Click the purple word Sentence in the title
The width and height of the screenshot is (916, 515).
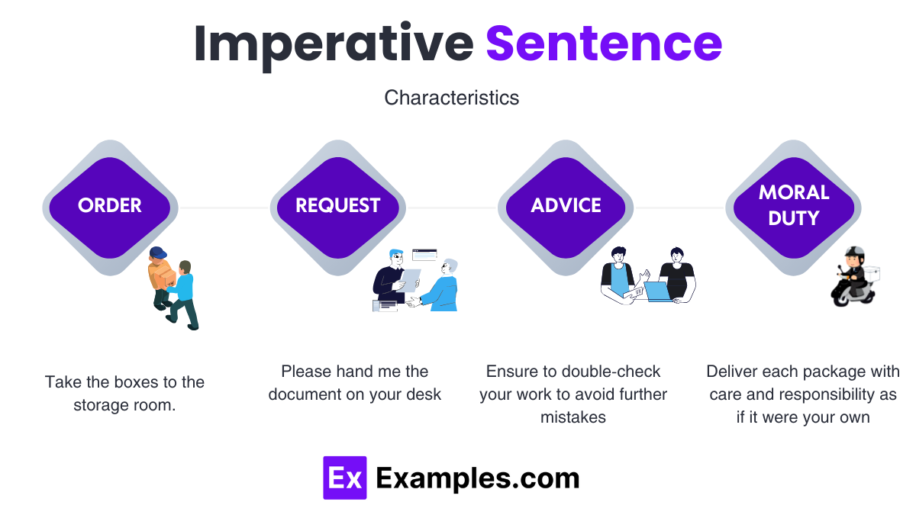(604, 43)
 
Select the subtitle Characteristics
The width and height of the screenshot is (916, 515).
(452, 98)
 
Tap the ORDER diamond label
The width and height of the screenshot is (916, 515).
(110, 205)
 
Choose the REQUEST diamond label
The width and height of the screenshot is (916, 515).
(337, 205)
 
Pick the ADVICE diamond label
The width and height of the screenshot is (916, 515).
(566, 205)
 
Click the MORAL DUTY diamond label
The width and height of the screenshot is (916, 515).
(793, 204)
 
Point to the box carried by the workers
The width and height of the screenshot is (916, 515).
(161, 274)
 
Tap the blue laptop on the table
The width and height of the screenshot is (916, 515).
(656, 291)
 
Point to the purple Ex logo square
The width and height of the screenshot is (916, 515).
(344, 478)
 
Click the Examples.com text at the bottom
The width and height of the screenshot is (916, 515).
(478, 478)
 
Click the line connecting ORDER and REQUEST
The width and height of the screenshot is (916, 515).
(224, 208)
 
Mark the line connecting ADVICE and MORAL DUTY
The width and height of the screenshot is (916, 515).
(679, 208)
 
